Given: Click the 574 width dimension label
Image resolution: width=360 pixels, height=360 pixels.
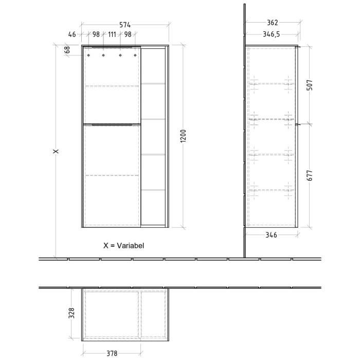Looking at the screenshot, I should coord(125,24).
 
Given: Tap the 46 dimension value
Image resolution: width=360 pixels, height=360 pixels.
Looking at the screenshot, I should coord(72,34).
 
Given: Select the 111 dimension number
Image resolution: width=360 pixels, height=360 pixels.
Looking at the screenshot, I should coord(112,34).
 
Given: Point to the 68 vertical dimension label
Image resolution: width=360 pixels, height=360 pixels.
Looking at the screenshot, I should coord(67,50).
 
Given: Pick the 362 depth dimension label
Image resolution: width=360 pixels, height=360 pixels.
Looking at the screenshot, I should coord(273,22).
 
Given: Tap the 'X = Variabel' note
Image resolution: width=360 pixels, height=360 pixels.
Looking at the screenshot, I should coord(124,246).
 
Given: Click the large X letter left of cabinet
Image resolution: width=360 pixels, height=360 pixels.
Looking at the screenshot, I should coord(57,151).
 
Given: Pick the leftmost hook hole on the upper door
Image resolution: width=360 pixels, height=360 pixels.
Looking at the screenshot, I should coord(89,55).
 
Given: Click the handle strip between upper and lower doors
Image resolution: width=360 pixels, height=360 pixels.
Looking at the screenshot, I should coord(112,124).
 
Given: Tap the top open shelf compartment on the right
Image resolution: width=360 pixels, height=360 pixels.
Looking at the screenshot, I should coord(154,66).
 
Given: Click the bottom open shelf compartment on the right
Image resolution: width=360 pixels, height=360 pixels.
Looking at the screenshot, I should coord(154,208).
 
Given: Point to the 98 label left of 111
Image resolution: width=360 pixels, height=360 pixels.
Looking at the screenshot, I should coord(96,34).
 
